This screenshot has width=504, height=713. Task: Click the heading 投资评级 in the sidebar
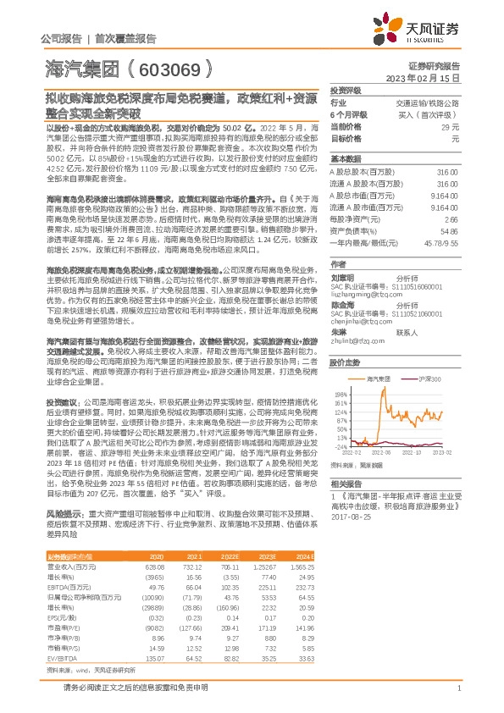point(346,90)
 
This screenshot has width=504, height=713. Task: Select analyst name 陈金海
point(342,302)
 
